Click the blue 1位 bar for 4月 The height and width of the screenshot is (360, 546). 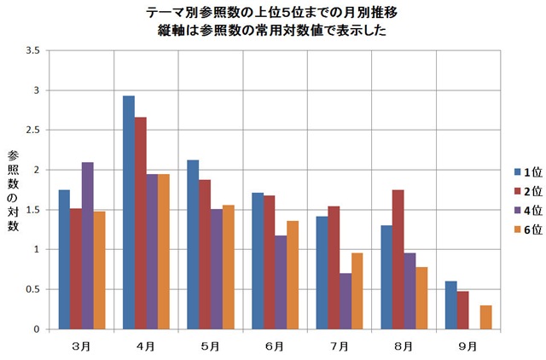pos(129,212)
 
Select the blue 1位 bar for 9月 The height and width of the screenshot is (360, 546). pos(451,305)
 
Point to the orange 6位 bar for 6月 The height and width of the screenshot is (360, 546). pos(292,275)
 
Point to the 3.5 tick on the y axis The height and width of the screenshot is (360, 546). pos(34,50)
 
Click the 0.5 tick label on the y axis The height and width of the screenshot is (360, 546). pos(34,289)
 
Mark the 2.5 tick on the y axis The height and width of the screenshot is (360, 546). pos(34,130)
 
